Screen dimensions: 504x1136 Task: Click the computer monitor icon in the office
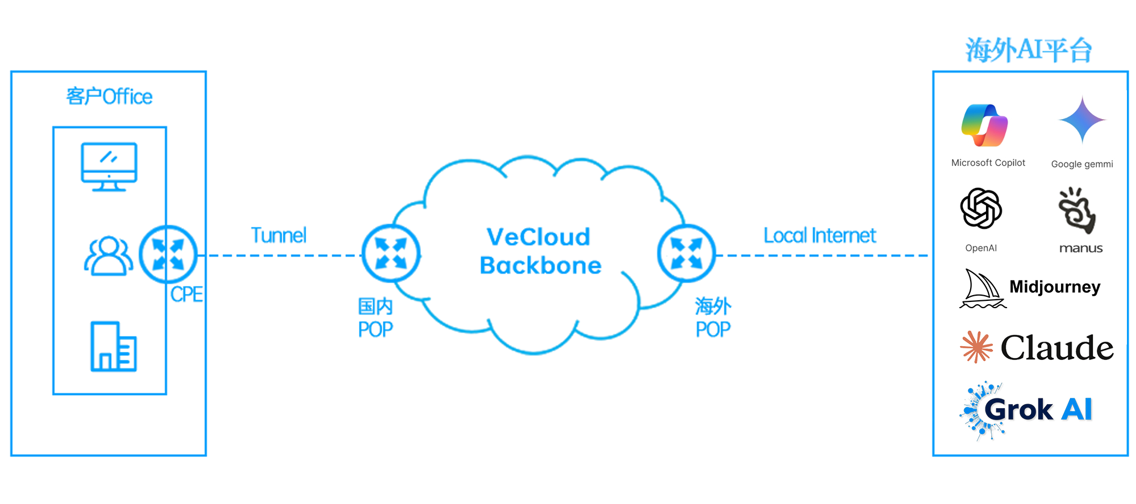109,166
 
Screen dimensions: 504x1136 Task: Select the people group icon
108,256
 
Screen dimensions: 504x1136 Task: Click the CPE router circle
168,254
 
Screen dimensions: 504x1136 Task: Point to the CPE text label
186,295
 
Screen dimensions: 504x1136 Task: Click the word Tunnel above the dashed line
279,236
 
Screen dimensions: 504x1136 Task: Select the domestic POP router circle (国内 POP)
391,253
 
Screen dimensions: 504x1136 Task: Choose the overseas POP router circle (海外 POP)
686,253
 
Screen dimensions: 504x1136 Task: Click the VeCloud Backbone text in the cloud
540,251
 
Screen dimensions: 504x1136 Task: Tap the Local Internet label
820,236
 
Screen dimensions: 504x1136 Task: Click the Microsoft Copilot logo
984,125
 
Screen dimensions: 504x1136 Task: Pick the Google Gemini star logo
1082,120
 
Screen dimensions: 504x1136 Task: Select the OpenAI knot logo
981,208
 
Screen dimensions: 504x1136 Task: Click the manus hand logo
1077,211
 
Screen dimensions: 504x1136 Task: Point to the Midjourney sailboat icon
982,289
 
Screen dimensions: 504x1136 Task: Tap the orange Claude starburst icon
976,347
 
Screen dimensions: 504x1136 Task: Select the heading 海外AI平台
1029,50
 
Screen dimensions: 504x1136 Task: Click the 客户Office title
109,96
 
